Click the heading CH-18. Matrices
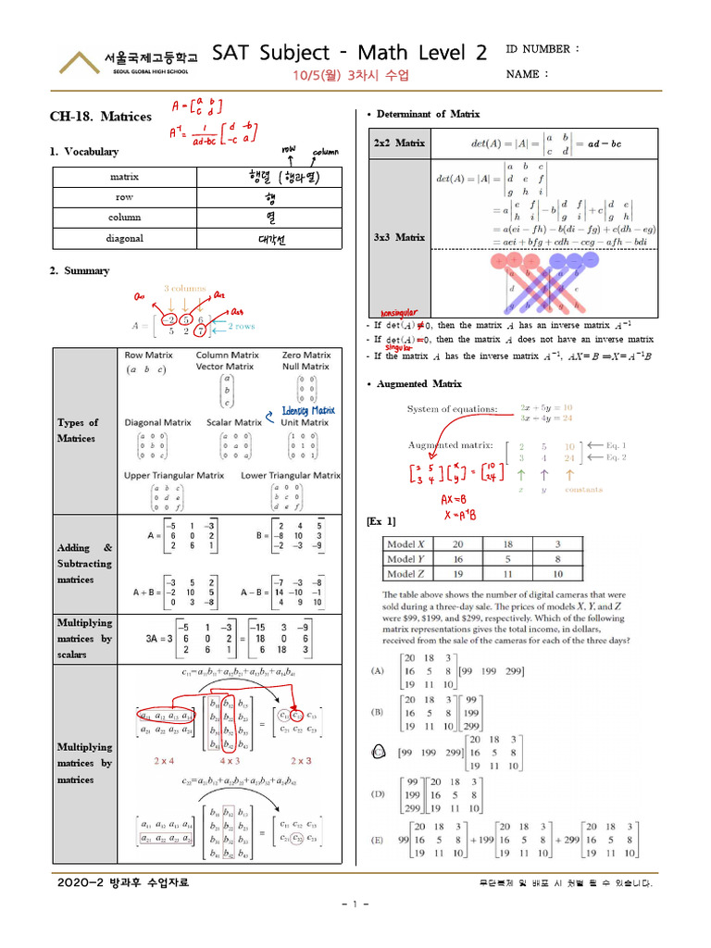[100, 118]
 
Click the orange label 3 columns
[185, 289]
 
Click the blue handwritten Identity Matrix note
[309, 410]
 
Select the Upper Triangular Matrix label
[174, 475]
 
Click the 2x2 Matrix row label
[399, 143]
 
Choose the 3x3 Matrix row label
[399, 238]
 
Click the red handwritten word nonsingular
[394, 313]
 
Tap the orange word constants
[584, 490]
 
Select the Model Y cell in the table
[406, 559]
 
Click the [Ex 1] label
[381, 521]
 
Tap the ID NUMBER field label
[543, 48]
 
